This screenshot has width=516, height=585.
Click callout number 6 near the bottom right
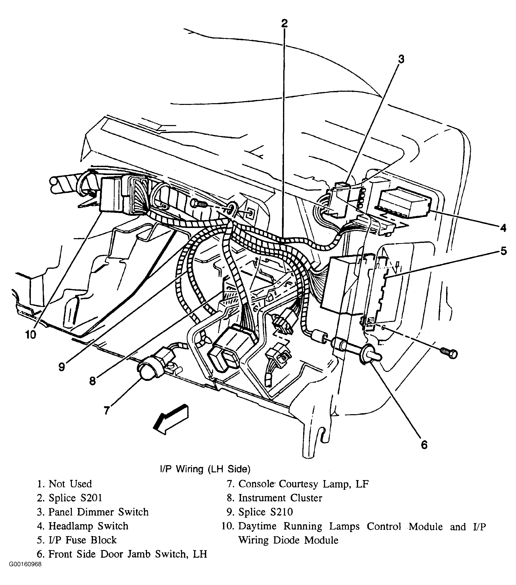click(x=424, y=445)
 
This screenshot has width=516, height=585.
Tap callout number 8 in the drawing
click(x=93, y=381)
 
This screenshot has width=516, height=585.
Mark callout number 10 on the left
click(x=31, y=335)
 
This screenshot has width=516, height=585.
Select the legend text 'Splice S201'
click(x=75, y=498)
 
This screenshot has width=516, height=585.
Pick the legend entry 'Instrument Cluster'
click(x=280, y=498)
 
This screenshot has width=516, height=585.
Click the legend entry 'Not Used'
click(x=70, y=484)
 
